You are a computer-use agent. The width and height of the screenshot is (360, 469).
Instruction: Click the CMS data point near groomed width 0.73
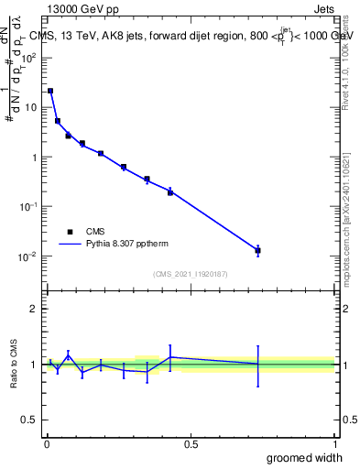click(x=258, y=250)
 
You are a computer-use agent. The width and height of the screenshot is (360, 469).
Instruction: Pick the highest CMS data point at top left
click(x=50, y=91)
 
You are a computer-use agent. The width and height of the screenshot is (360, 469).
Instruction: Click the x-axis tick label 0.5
click(x=191, y=443)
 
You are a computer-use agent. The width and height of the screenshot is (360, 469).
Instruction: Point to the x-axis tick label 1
click(x=334, y=443)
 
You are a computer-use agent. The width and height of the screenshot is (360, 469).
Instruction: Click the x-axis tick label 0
click(x=47, y=443)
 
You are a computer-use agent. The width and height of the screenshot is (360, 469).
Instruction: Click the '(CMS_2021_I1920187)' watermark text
click(x=191, y=274)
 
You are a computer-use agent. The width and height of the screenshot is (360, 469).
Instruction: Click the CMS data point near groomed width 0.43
click(x=170, y=191)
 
